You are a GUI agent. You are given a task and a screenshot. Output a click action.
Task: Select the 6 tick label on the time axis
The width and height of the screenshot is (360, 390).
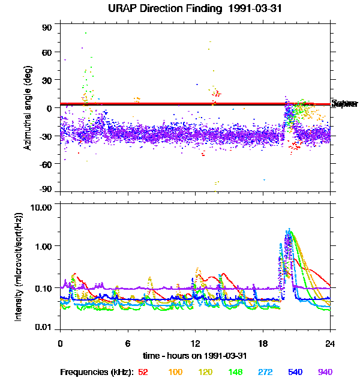(128, 344)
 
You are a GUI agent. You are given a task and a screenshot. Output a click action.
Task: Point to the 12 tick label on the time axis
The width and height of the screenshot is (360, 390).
(195, 344)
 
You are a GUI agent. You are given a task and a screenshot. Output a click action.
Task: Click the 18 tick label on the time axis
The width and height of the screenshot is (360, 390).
(262, 344)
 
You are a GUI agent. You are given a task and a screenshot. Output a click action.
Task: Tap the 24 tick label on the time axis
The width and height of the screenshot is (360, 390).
(330, 344)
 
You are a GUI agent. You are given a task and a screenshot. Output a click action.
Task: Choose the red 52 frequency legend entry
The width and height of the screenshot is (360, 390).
(143, 372)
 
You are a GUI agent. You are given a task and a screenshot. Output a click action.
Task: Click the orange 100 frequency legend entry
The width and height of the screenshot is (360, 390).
(175, 372)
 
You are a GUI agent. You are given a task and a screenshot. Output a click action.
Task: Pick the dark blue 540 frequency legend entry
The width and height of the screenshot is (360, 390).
(295, 372)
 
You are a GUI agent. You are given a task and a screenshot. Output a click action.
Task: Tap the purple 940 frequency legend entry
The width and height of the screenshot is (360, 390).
(325, 372)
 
